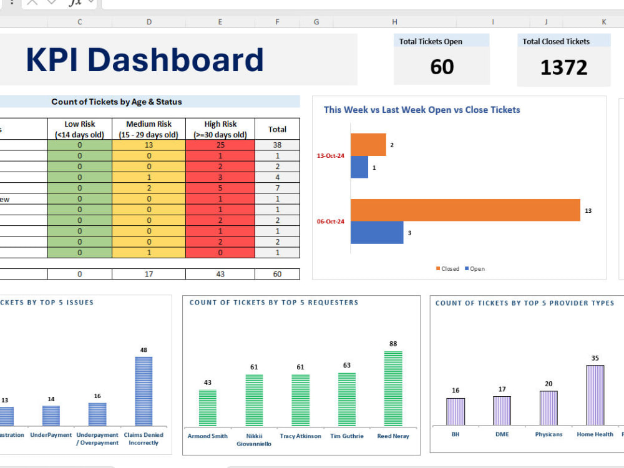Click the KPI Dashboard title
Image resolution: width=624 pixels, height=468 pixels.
pyautogui.click(x=145, y=61)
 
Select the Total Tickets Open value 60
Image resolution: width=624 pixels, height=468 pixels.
pyautogui.click(x=442, y=67)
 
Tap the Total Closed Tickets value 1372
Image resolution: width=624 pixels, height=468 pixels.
pyautogui.click(x=563, y=67)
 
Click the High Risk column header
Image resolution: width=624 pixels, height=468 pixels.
pyautogui.click(x=220, y=129)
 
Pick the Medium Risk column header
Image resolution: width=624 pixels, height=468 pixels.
pyautogui.click(x=149, y=129)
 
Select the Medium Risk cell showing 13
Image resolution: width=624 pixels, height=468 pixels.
pyautogui.click(x=149, y=145)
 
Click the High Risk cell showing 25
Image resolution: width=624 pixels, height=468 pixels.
pyautogui.click(x=220, y=145)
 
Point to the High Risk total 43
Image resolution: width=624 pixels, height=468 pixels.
pyautogui.click(x=220, y=274)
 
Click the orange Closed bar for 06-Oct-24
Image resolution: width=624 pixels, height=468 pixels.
pyautogui.click(x=465, y=210)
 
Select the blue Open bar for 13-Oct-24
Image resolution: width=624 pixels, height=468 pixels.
pyautogui.click(x=359, y=167)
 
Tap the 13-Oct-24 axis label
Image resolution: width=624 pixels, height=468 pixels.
pyautogui.click(x=331, y=156)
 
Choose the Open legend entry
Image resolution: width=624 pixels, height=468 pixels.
pyautogui.click(x=475, y=269)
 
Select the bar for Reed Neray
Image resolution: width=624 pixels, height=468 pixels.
pyautogui.click(x=393, y=388)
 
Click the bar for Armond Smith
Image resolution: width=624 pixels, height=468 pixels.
pyautogui.click(x=208, y=407)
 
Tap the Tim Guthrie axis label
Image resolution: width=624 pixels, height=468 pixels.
pyautogui.click(x=347, y=436)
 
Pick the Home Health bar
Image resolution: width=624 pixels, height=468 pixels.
pyautogui.click(x=595, y=395)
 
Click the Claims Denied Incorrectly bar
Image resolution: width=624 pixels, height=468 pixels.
pyautogui.click(x=144, y=391)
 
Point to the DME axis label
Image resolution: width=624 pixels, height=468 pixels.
pyautogui.click(x=502, y=434)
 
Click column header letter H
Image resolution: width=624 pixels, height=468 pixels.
pyautogui.click(x=394, y=22)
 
